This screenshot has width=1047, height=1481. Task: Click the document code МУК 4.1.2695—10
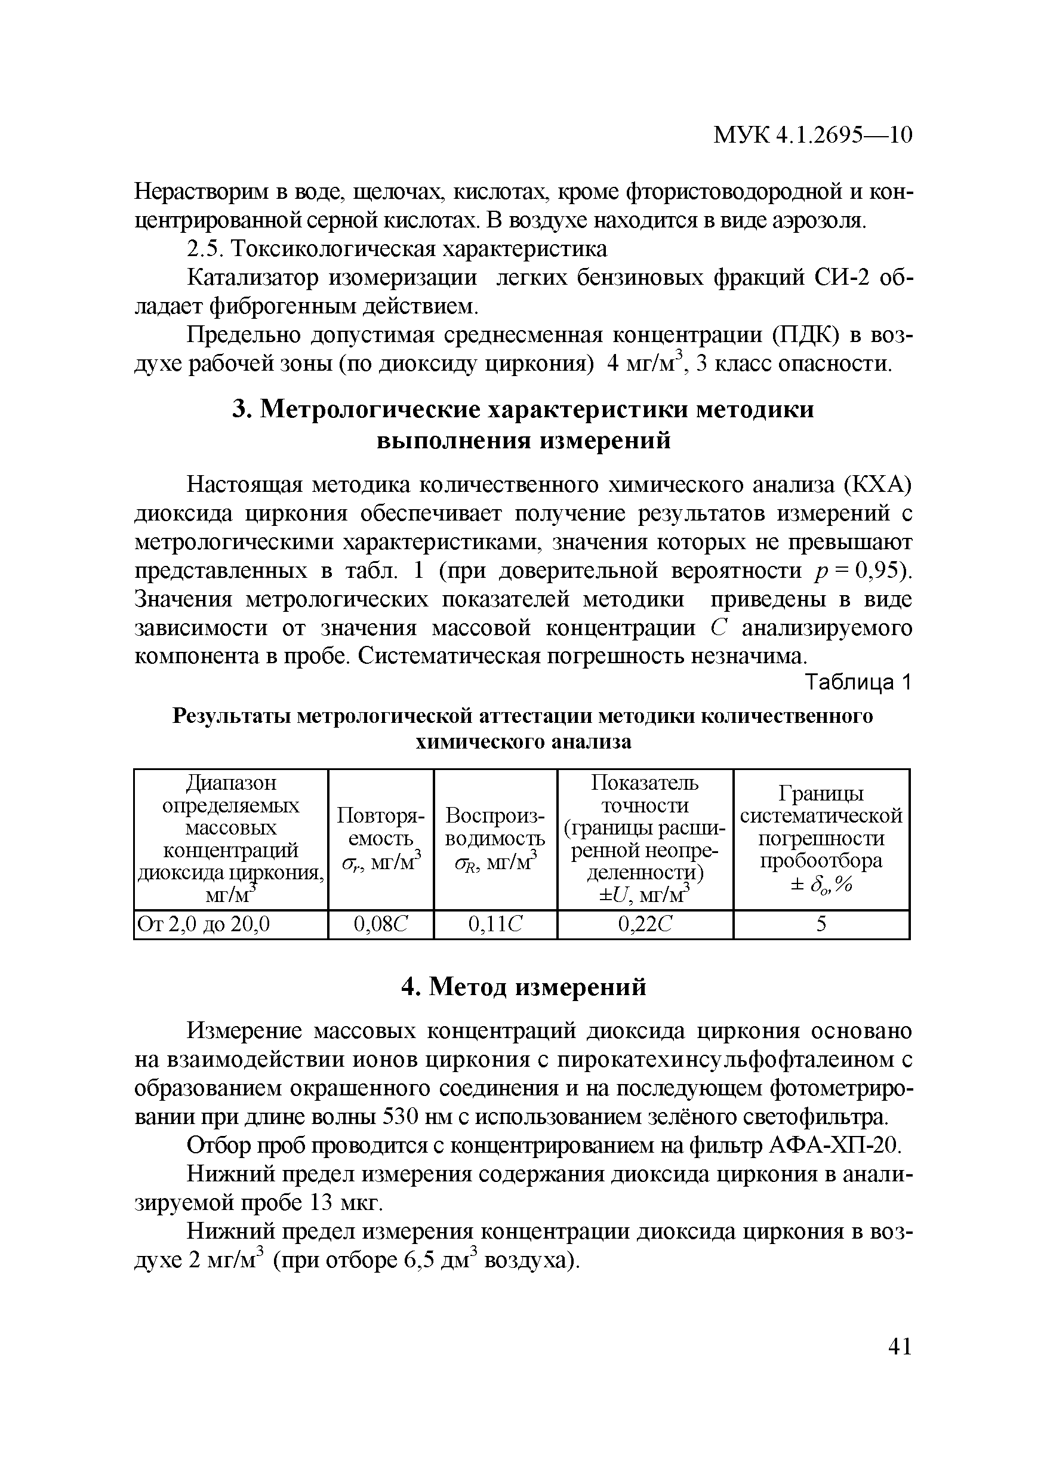click(x=812, y=135)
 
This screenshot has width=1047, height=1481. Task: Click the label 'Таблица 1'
click(x=858, y=682)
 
